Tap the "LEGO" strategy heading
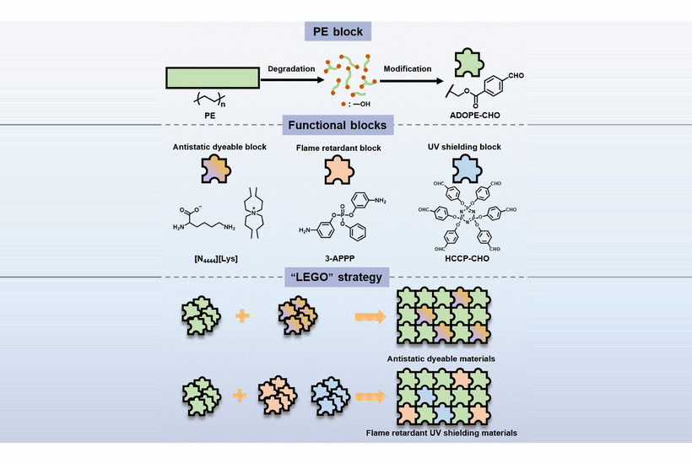coord(345,276)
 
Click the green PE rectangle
coord(211,79)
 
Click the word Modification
coord(408,68)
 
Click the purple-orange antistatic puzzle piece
coord(210,174)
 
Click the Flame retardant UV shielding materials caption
coord(441,432)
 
